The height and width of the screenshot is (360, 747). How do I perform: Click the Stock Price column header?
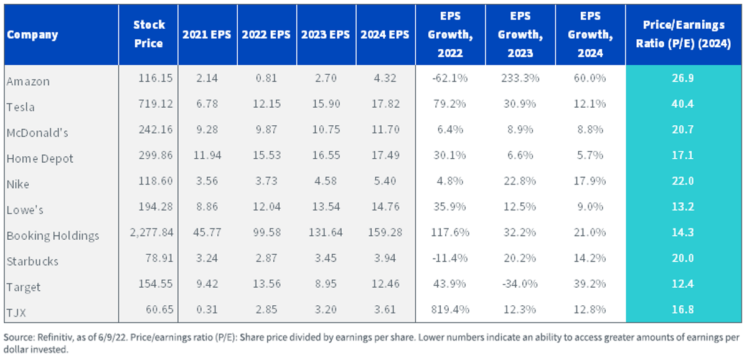pyautogui.click(x=149, y=34)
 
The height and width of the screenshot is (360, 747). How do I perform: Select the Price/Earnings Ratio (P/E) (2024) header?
pyautogui.click(x=684, y=34)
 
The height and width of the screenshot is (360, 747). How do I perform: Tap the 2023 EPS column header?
pyautogui.click(x=326, y=34)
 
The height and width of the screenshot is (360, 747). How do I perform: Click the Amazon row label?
pyautogui.click(x=28, y=82)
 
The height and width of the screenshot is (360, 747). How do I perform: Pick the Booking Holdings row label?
pyautogui.click(x=53, y=235)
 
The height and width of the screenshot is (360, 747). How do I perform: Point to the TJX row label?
pyautogui.click(x=16, y=313)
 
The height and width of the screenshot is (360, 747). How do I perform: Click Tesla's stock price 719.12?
pyautogui.click(x=156, y=104)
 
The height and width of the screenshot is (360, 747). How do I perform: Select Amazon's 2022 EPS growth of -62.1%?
pyautogui.click(x=450, y=78)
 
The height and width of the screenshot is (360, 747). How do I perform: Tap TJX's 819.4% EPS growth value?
pyautogui.click(x=450, y=310)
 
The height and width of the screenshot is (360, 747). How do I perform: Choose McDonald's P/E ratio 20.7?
pyautogui.click(x=683, y=130)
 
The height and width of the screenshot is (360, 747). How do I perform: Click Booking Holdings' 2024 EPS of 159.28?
pyautogui.click(x=385, y=232)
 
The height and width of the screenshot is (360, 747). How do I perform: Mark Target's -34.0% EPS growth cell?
pyautogui.click(x=520, y=284)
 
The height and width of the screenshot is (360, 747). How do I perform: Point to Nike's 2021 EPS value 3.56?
pyautogui.click(x=207, y=181)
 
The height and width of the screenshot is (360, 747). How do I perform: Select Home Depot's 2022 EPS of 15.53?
pyautogui.click(x=267, y=155)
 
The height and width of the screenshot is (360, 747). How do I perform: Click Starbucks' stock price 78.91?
pyautogui.click(x=159, y=258)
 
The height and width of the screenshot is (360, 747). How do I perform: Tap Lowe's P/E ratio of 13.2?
pyautogui.click(x=683, y=207)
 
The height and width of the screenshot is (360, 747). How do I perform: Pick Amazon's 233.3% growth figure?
pyautogui.click(x=520, y=78)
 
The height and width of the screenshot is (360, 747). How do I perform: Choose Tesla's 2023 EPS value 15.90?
pyautogui.click(x=326, y=104)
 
